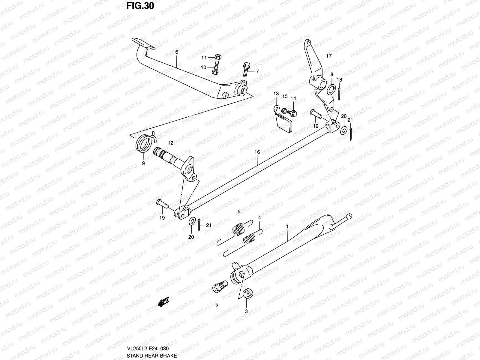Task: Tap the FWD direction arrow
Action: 164,301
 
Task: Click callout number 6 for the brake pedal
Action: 177,52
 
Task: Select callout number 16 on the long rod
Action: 257,152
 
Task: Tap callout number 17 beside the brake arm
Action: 329,56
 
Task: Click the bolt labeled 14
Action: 292,113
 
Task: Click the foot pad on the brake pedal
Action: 143,43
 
